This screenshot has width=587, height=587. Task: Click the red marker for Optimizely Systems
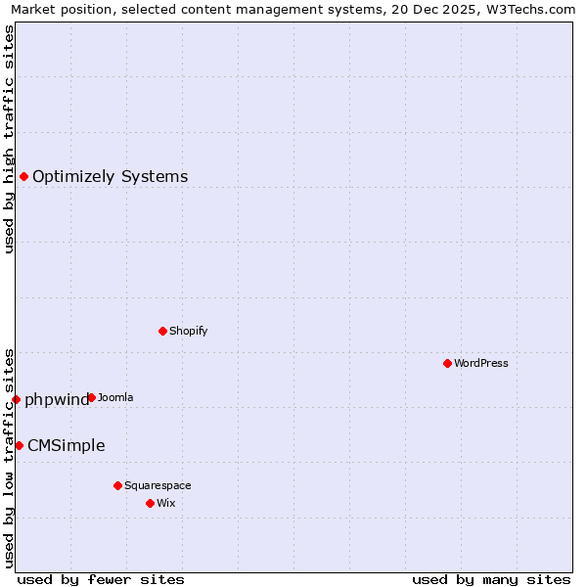23,176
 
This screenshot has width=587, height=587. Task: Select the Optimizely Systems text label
110,177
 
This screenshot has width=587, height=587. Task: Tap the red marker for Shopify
162,331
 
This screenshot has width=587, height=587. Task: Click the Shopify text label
188,331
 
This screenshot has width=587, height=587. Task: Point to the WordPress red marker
447,363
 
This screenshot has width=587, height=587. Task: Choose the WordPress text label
480,363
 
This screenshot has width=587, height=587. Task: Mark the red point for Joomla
91,397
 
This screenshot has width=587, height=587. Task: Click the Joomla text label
115,397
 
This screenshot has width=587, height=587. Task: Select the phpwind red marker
16,399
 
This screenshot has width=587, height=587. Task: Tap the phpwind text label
56,399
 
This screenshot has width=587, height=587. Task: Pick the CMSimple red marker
19,445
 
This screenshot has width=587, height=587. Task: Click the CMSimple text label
66,446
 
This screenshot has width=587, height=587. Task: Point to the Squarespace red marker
117,485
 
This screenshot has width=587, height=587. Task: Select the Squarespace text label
158,485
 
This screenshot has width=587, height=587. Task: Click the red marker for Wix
150,503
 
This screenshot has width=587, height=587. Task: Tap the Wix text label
165,503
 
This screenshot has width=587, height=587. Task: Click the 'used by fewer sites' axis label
101,579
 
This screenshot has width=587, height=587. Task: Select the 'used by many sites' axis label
491,579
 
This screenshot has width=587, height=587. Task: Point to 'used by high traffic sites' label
9,139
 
